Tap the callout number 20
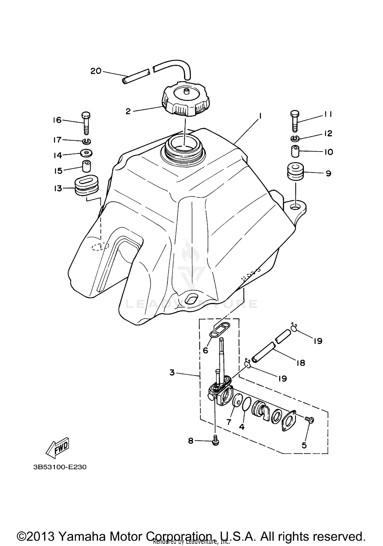tap(96, 71)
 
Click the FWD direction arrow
tap(57, 448)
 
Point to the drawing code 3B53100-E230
tap(60, 467)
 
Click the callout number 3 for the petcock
tap(172, 373)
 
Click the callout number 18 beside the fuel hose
tap(301, 363)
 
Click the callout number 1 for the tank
tap(260, 116)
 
